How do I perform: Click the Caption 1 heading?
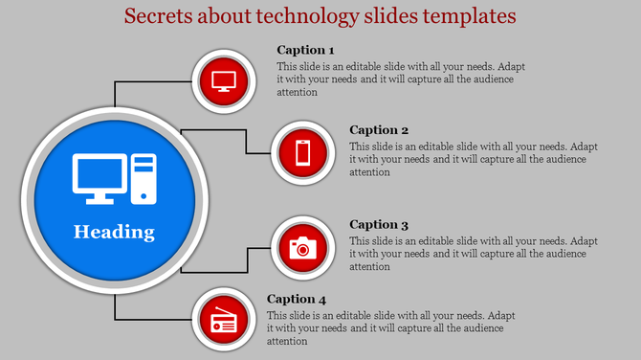pos(306,50)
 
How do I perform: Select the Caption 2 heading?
pos(379,130)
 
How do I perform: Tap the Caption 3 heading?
pos(379,225)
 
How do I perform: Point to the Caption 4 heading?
pos(297,299)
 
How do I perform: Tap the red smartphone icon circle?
pos(302,152)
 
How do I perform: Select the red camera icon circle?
pos(302,248)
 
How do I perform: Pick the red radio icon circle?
pos(223,322)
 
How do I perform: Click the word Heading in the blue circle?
pos(114,232)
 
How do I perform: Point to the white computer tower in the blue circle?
pos(144,178)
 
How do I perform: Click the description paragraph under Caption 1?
pos(397,79)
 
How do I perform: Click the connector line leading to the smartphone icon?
pos(246,140)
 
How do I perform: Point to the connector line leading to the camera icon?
pos(247,260)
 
